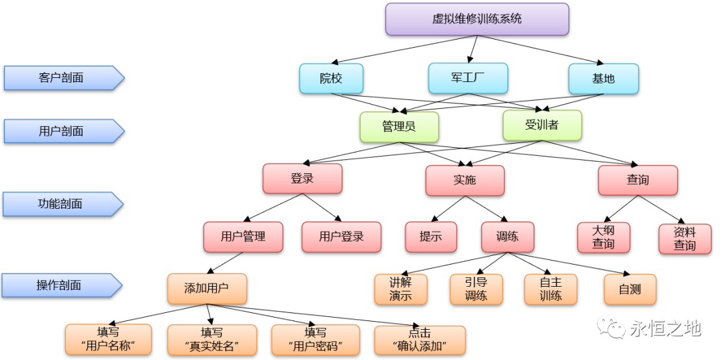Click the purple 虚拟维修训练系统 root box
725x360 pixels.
tap(477, 19)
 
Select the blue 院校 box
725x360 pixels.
tap(331, 79)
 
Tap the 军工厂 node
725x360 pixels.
tap(468, 79)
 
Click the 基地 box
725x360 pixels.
tap(603, 79)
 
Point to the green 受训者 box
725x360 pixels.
tap(542, 125)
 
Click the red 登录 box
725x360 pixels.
tap(302, 179)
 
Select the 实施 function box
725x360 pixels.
tap(464, 181)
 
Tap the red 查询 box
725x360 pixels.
tap(638, 180)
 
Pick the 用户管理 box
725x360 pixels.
tap(243, 236)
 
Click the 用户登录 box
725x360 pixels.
tap(341, 236)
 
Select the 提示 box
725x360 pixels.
tap(430, 236)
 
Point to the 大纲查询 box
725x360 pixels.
tap(603, 237)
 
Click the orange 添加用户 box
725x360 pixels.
tap(207, 288)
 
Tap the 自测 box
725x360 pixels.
tap(630, 289)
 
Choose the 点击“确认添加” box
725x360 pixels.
tap(420, 340)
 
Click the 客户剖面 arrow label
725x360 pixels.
tap(62, 78)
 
